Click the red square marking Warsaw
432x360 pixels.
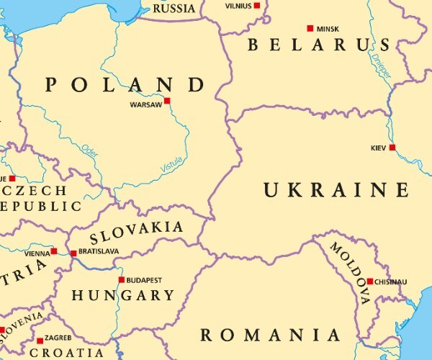click(167, 101)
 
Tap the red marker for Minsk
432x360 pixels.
click(310, 28)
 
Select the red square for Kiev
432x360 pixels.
click(392, 148)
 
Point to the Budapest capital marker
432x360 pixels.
click(121, 279)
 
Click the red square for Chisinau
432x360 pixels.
click(370, 282)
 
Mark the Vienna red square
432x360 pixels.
click(54, 251)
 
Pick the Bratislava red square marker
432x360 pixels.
click(73, 253)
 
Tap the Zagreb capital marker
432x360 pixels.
click(40, 340)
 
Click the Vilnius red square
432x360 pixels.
click(257, 5)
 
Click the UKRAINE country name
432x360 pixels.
click(336, 190)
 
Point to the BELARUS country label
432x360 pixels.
click(319, 45)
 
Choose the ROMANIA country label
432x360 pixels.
click(270, 335)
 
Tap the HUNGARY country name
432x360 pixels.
click(122, 295)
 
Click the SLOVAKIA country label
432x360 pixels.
click(136, 232)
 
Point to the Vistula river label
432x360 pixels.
click(171, 165)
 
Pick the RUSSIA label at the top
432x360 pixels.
click(174, 9)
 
